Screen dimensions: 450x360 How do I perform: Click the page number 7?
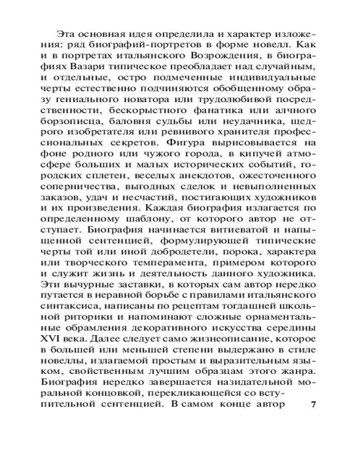pos(314,403)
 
